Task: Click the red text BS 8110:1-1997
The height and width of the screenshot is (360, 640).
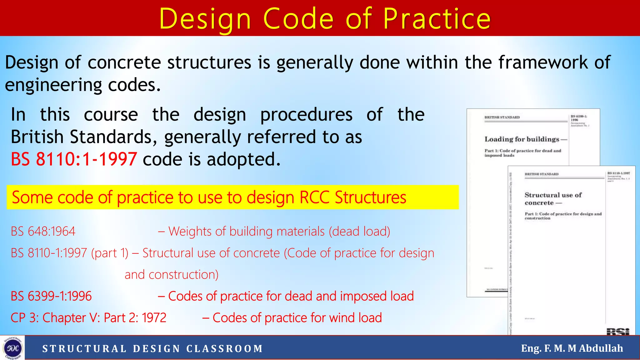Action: [74, 159]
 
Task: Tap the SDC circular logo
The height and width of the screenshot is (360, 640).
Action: [12, 348]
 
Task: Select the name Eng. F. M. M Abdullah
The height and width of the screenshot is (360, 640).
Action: [572, 348]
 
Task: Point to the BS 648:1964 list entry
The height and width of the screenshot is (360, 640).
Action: [43, 232]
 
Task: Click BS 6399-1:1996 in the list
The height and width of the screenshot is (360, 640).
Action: [51, 296]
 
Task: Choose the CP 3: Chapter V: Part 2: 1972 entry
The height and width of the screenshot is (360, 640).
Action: [88, 318]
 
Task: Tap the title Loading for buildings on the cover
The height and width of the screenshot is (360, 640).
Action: [522, 139]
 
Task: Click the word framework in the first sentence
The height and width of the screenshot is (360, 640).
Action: [543, 62]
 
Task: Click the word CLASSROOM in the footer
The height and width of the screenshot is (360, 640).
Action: [225, 348]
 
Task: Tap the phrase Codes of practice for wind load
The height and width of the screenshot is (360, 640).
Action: [297, 318]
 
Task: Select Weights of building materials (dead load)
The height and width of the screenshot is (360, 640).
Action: [279, 232]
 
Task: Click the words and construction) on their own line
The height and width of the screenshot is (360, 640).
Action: [172, 275]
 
